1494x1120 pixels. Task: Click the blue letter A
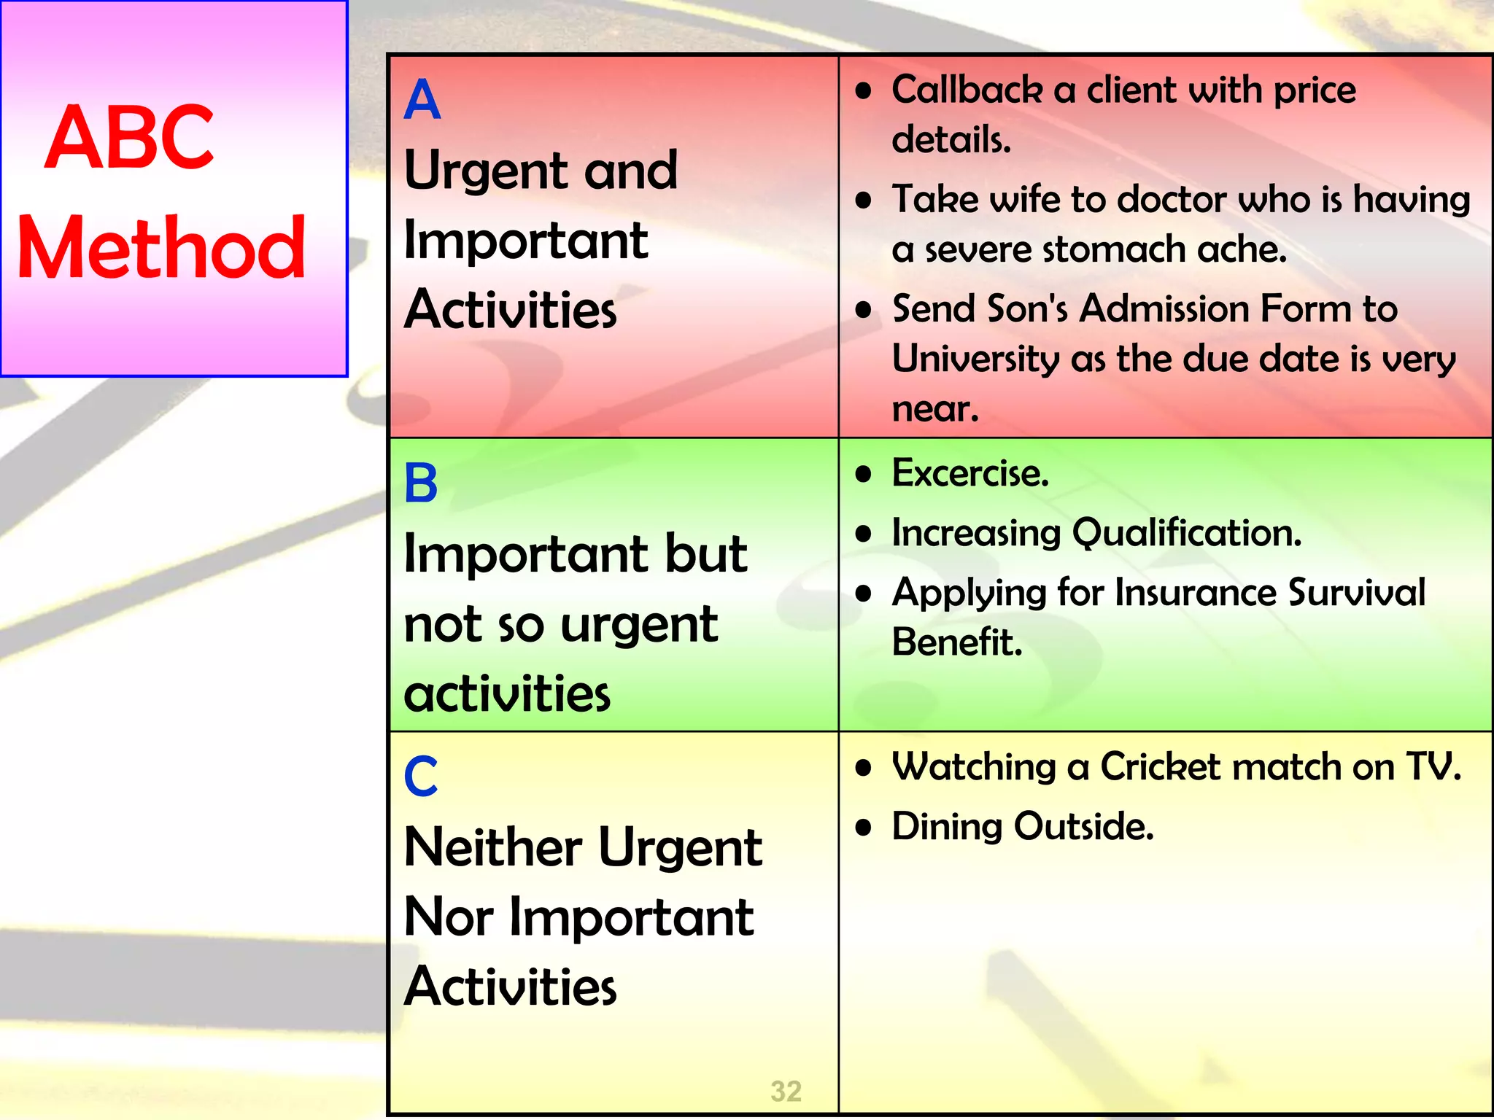point(422,100)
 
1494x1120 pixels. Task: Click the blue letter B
point(421,483)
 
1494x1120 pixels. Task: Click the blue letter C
point(421,777)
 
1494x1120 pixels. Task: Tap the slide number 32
point(786,1091)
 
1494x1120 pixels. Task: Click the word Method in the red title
point(161,249)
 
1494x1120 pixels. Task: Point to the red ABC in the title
point(130,137)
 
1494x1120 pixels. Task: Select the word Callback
point(967,90)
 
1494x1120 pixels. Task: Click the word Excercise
point(970,474)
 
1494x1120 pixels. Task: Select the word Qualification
point(1187,533)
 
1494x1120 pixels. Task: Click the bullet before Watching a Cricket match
point(864,768)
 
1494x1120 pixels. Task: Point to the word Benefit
point(956,642)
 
